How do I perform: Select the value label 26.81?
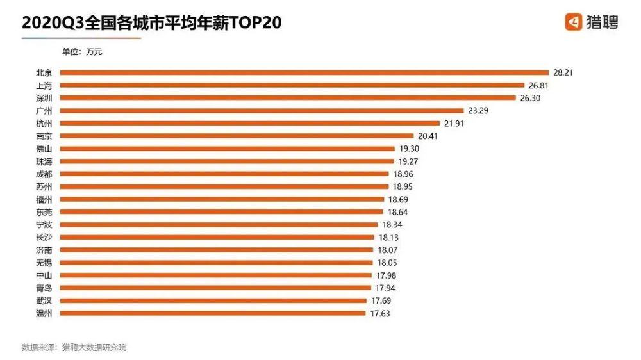click(x=540, y=85)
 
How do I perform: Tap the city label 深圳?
click(x=45, y=98)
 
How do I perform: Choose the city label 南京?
click(x=45, y=136)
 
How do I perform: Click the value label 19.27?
click(x=409, y=161)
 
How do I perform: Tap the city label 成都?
click(x=45, y=174)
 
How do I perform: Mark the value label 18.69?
click(x=399, y=199)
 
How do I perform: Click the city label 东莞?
click(x=45, y=212)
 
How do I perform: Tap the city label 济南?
click(x=45, y=250)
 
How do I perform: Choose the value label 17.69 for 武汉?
click(x=381, y=300)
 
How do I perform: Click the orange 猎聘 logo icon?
click(x=573, y=22)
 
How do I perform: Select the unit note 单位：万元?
click(x=81, y=53)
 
